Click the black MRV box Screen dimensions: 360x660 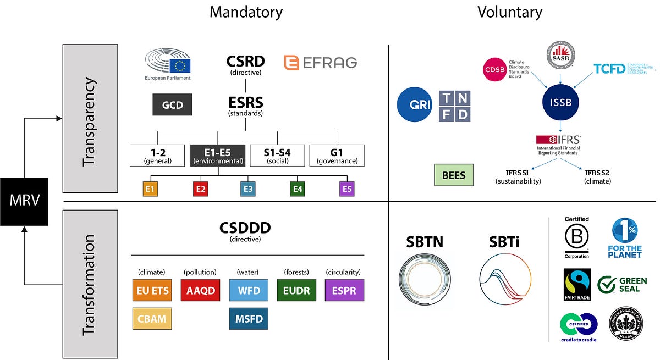24,201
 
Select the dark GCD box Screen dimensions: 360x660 172,104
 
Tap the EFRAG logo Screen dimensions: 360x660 320,63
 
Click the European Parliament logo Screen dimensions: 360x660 168,65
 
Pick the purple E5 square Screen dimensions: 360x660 347,189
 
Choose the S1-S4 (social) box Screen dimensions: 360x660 277,156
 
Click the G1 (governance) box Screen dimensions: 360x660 337,156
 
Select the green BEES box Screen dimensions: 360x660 454,175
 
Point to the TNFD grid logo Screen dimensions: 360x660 454,106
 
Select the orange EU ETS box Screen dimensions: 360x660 152,290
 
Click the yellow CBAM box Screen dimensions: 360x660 152,319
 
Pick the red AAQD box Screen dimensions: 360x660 200,290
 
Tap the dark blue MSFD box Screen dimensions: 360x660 249,319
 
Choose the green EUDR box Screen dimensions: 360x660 296,290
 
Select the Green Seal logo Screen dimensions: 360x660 622,285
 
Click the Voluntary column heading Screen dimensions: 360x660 509,12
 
